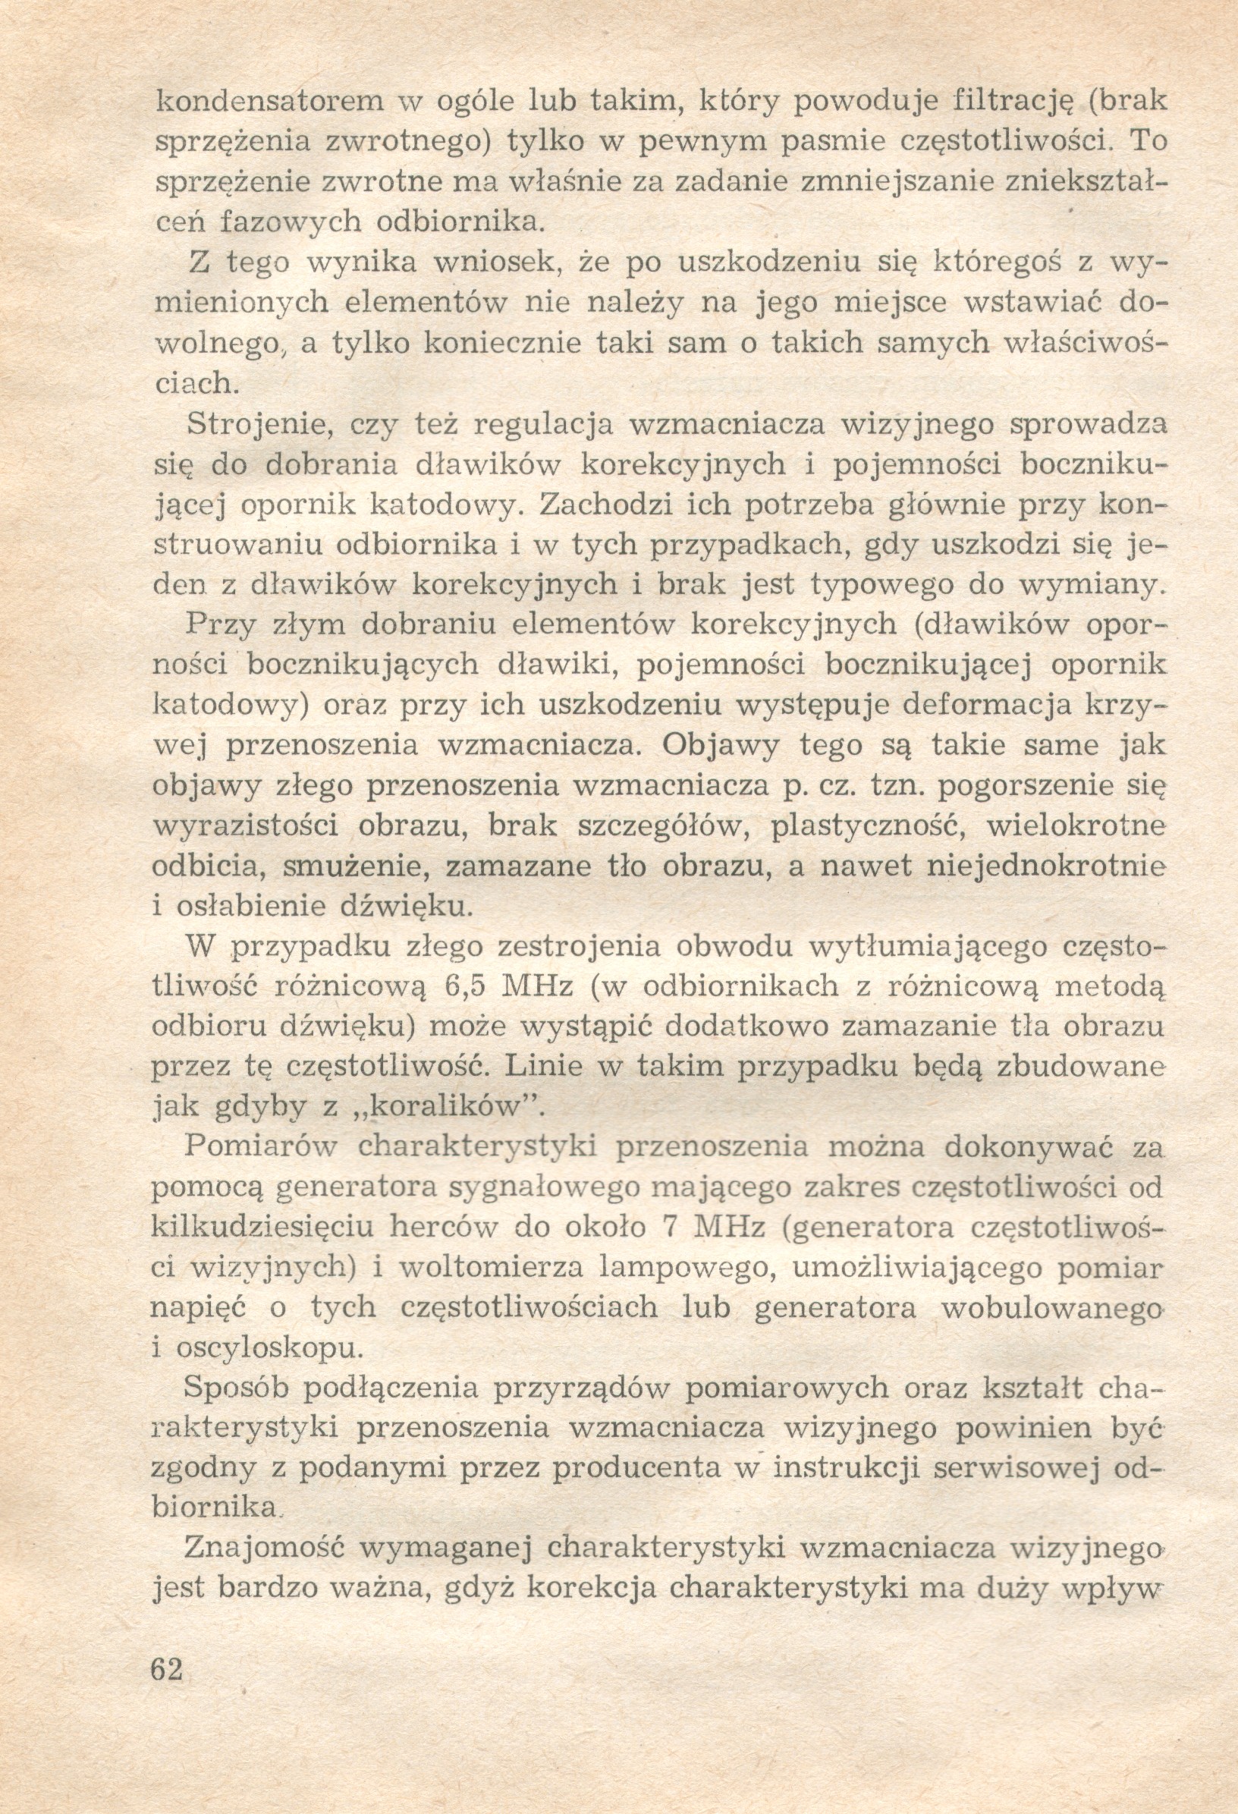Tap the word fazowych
click(x=291, y=222)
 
